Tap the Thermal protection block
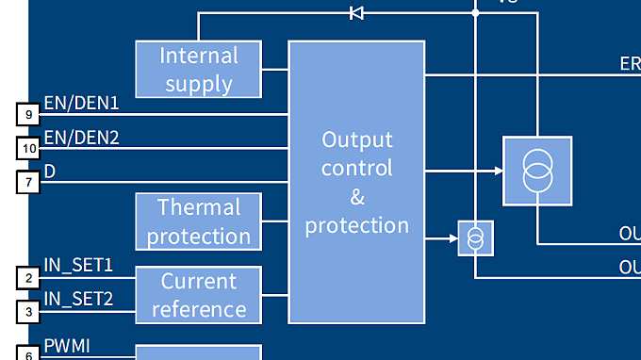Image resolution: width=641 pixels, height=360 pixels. click(199, 221)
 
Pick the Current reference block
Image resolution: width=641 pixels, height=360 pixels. click(199, 295)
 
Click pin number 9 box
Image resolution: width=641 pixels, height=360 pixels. click(29, 114)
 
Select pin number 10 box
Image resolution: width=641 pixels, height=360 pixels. click(29, 148)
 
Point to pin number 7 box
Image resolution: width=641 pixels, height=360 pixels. click(29, 182)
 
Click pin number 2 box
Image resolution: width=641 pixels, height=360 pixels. click(29, 277)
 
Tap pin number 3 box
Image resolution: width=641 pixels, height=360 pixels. click(29, 310)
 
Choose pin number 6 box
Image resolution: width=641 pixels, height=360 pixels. click(29, 354)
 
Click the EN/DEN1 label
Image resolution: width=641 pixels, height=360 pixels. click(81, 103)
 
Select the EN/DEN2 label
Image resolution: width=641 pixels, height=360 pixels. click(81, 137)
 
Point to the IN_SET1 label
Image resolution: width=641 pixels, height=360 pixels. click(78, 265)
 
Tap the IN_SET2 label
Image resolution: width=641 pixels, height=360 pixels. click(78, 299)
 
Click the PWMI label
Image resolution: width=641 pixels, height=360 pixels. click(67, 345)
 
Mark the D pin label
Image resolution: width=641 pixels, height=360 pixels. click(50, 171)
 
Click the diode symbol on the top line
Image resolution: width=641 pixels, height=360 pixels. click(356, 13)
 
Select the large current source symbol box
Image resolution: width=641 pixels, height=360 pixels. click(537, 171)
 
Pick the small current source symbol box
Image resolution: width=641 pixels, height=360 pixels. click(476, 238)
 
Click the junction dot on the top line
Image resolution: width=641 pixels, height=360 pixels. click(476, 13)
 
